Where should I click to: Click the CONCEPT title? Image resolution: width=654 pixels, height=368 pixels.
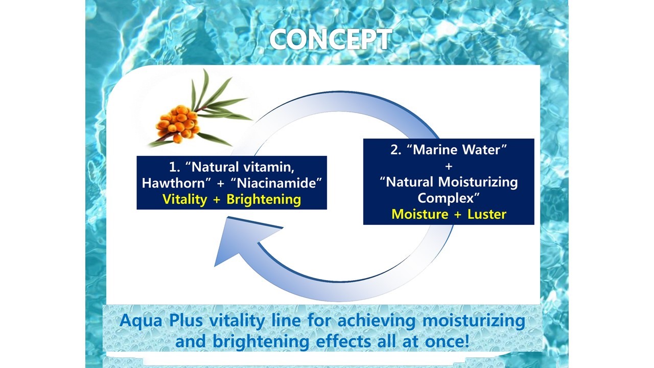pyautogui.click(x=331, y=39)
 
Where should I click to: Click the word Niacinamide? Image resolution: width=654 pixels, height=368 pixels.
pyautogui.click(x=276, y=183)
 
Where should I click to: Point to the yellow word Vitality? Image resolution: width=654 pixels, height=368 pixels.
pyautogui.click(x=185, y=199)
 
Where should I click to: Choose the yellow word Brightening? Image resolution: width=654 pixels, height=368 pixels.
pyautogui.click(x=264, y=200)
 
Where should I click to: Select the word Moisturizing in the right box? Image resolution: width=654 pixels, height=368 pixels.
pyautogui.click(x=478, y=182)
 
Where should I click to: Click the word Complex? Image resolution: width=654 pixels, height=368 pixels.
pyautogui.click(x=446, y=198)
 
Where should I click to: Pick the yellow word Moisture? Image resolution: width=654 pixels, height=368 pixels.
pyautogui.click(x=420, y=214)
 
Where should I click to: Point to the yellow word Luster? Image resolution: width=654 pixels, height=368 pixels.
pyautogui.click(x=487, y=214)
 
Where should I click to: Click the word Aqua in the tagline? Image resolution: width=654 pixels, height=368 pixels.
pyautogui.click(x=141, y=320)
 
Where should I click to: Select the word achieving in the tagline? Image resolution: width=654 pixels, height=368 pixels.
pyautogui.click(x=377, y=320)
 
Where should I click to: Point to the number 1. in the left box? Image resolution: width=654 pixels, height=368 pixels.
pyautogui.click(x=175, y=167)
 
